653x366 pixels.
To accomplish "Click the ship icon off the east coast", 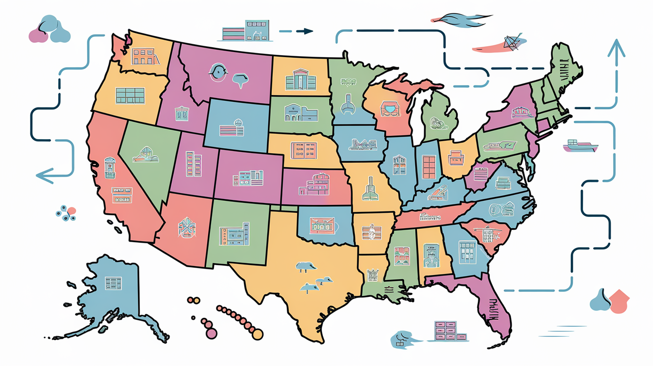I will [580, 146].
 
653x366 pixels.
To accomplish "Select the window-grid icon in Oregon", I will [129, 95].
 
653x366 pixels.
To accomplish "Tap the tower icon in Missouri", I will [369, 189].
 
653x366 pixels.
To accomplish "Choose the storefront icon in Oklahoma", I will [321, 225].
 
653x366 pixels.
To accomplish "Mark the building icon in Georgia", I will [466, 252].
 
